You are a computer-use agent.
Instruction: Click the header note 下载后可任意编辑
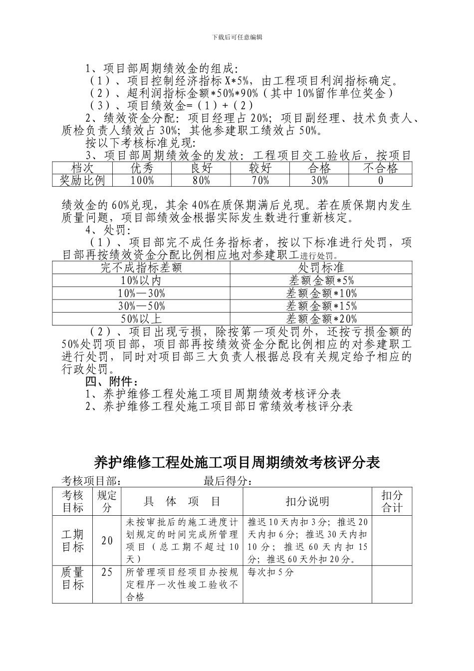pos(237,37)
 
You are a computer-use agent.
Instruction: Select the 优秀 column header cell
pos(142,168)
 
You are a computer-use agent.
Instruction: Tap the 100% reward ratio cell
pos(142,180)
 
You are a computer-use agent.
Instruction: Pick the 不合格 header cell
pos(380,168)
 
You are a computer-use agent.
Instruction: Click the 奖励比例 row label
pos(82,180)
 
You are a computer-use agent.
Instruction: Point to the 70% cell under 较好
pos(260,180)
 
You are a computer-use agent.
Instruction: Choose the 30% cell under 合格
pos(319,180)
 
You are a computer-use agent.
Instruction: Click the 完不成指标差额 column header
pos(141,268)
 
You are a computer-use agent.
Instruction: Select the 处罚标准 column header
pos(321,268)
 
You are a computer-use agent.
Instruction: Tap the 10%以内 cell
pos(141,281)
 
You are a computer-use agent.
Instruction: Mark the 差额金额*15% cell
pos(321,306)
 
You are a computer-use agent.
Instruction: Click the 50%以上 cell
pos(141,318)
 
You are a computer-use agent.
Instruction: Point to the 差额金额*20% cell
pos(321,318)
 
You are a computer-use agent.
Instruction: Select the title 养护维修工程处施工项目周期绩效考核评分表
pos(237,462)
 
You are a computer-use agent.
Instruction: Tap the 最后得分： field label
pos(228,481)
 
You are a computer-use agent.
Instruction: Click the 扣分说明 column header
pos(307,501)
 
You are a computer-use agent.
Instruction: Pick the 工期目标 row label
pos(72,540)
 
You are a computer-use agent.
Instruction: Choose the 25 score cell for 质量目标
pos(107,572)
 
